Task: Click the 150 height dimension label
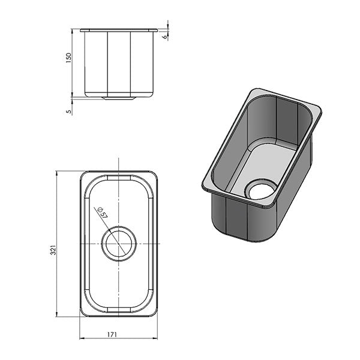click(68, 58)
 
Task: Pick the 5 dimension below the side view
click(68, 111)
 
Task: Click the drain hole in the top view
click(119, 244)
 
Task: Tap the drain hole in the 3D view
click(261, 191)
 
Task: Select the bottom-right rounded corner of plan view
click(154, 312)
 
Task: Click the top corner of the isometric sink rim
click(254, 91)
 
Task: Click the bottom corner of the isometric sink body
click(252, 238)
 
